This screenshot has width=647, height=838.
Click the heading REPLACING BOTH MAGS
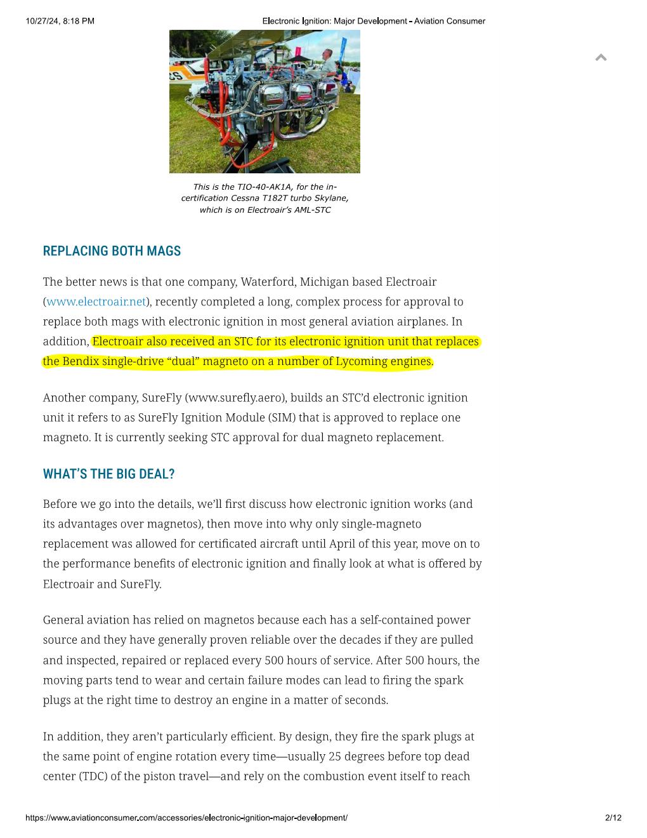112,251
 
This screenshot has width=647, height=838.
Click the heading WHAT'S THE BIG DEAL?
108,474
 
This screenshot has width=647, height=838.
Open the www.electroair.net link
96,302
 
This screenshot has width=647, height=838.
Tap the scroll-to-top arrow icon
601,58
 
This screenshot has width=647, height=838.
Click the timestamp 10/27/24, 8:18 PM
60,21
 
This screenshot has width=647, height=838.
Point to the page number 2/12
613,818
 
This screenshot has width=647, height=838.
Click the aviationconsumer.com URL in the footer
186,818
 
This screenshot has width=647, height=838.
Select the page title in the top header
374,21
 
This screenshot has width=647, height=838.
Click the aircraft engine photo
265,102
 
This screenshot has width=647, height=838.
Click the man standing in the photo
327,67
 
